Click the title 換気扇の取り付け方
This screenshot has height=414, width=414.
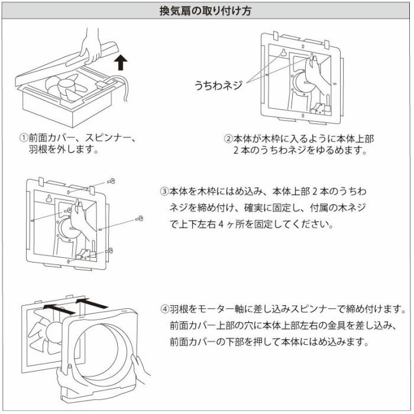[206, 10]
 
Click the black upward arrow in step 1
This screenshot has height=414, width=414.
[121, 60]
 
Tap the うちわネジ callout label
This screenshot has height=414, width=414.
[218, 85]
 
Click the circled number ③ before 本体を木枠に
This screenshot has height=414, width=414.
[164, 192]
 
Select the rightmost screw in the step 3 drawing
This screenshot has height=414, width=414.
[140, 218]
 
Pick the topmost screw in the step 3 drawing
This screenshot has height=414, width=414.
[112, 180]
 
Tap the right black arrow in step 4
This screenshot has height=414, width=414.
[92, 303]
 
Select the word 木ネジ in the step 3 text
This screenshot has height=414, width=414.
[353, 208]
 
